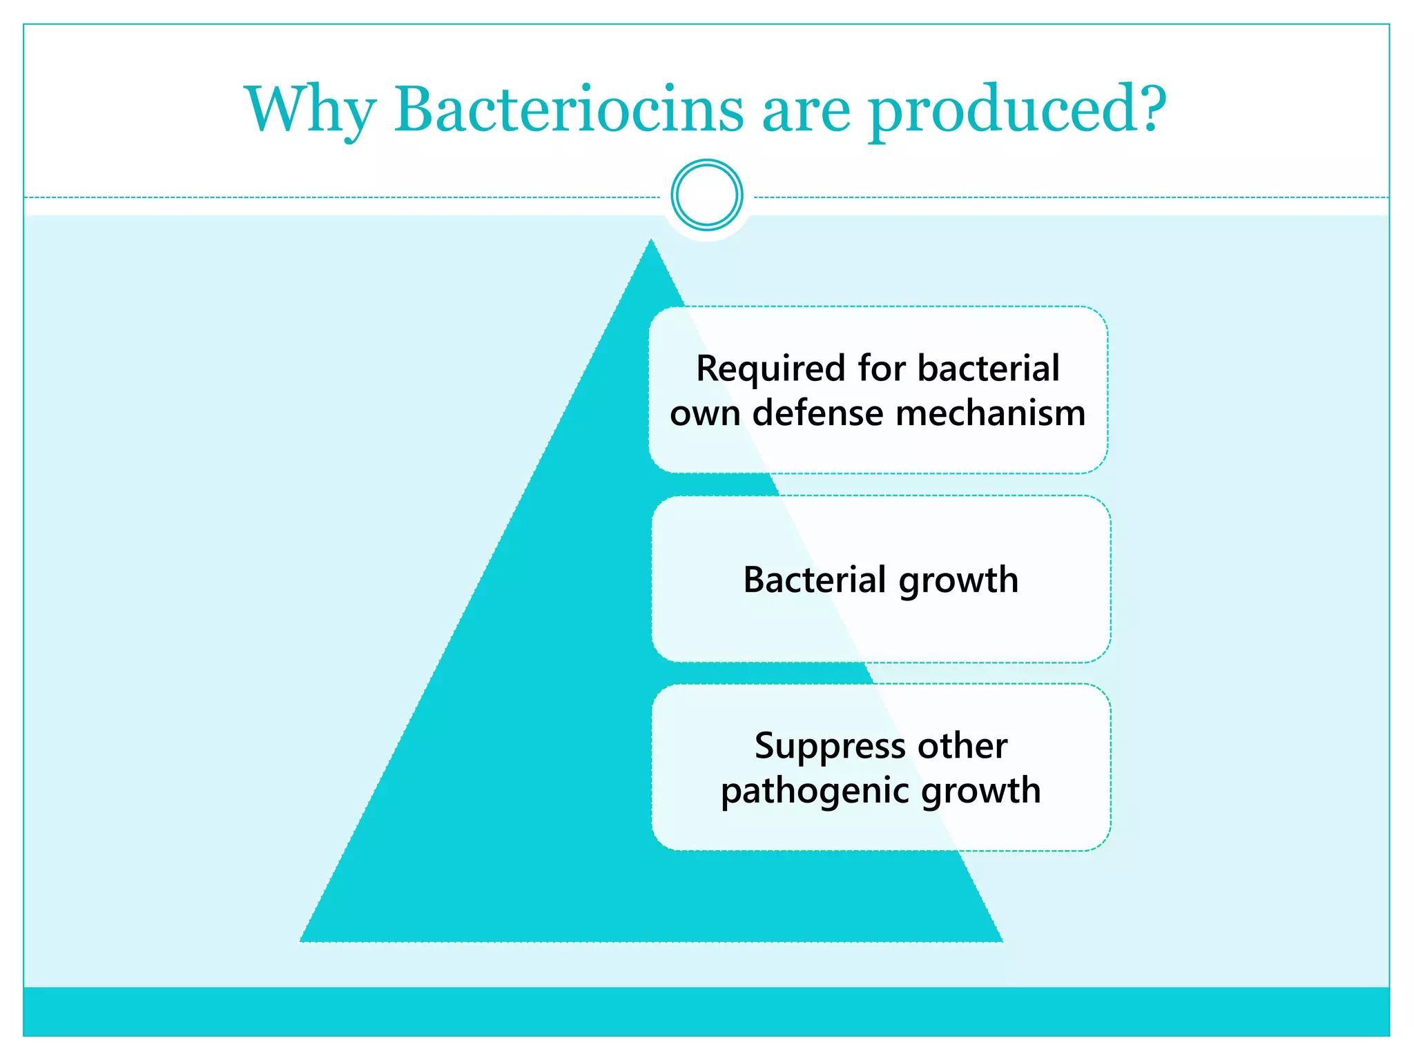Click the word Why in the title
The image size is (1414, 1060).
click(x=310, y=110)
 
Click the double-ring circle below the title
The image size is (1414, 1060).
click(x=706, y=195)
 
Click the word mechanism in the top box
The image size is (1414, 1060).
click(x=991, y=413)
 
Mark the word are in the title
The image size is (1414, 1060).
click(x=806, y=112)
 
